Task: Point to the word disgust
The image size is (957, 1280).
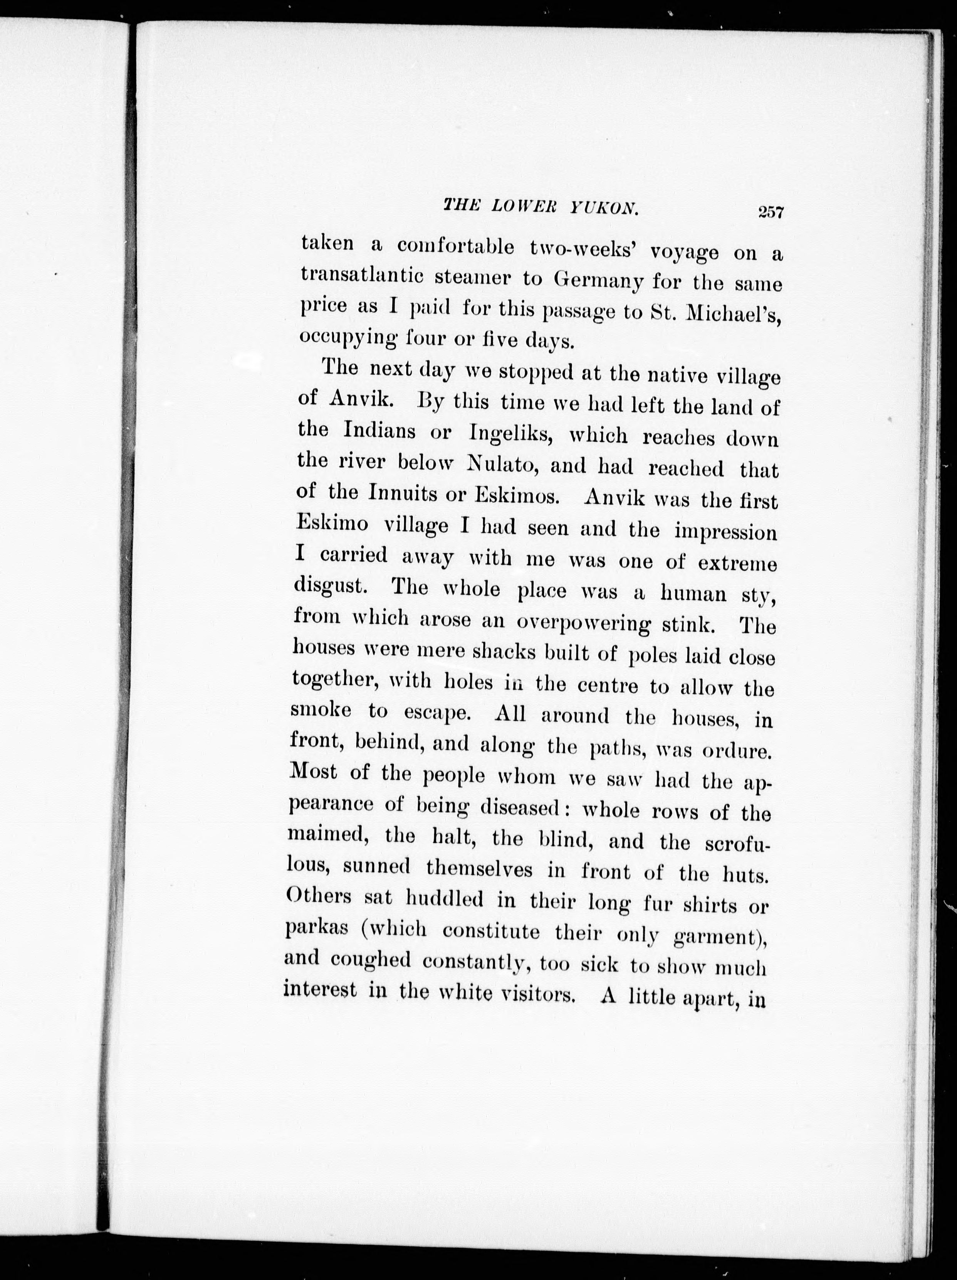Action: click(331, 586)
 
